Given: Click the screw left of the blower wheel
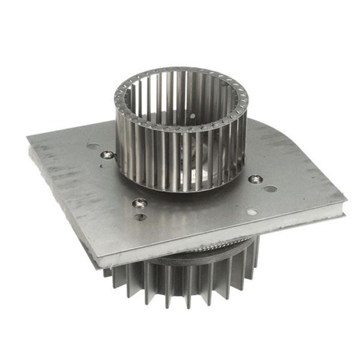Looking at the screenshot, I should point(107,154).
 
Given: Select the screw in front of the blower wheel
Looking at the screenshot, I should point(139,203).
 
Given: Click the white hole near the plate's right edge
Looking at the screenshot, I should point(253,212).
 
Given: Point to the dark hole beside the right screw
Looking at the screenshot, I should point(270,189).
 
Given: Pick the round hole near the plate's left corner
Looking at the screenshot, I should point(92,147).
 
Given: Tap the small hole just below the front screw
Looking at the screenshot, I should point(140,217).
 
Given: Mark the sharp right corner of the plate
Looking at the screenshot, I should point(346,194).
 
